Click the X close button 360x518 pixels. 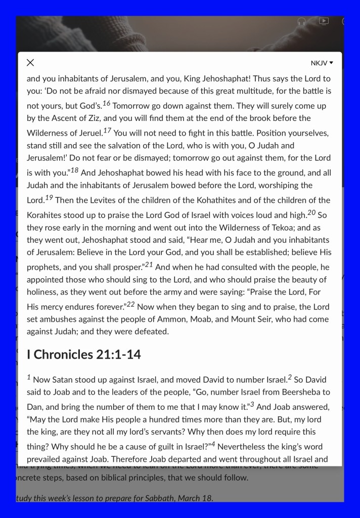point(30,63)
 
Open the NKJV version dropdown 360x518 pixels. point(322,63)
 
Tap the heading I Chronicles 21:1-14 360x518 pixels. point(83,354)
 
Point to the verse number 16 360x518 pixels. point(106,104)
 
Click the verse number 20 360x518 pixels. point(311,211)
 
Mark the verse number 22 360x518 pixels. point(130,304)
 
